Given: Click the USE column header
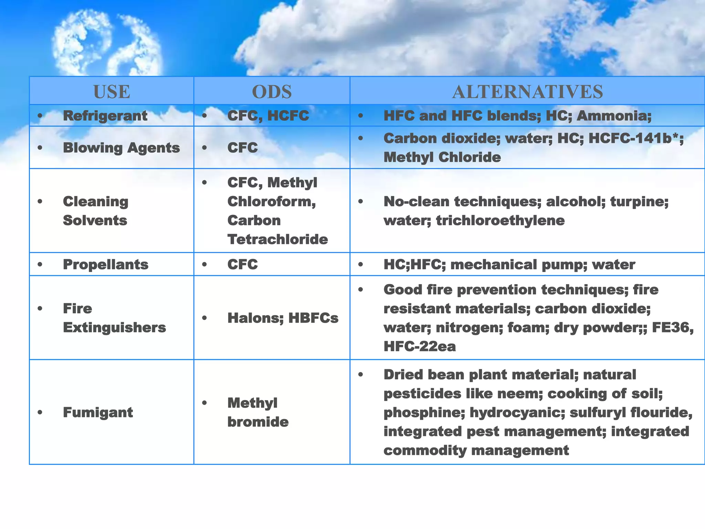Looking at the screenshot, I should (112, 92).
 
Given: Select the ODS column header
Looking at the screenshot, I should (272, 92).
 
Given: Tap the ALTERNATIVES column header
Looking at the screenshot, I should (527, 92).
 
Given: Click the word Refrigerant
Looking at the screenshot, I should (105, 116).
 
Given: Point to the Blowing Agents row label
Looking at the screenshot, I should (121, 148).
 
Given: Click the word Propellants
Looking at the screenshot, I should (105, 264).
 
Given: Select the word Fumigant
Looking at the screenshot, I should (98, 412).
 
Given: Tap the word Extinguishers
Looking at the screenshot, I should (114, 328).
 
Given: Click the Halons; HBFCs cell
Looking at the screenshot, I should (283, 318).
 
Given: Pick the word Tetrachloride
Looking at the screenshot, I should (277, 239).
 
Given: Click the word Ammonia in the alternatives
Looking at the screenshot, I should (613, 116).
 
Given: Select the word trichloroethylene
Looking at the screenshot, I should (500, 220).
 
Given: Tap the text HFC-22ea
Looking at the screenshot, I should (419, 346).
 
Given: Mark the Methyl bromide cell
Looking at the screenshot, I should (257, 412).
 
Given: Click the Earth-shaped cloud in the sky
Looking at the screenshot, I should (107, 43).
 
